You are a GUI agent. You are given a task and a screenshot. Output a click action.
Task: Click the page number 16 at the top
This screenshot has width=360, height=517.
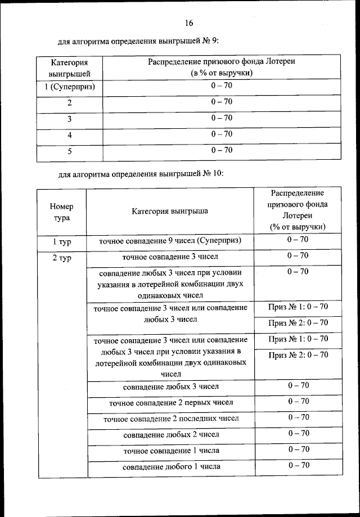(x=188, y=23)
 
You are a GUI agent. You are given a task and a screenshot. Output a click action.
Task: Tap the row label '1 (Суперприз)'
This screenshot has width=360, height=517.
(x=69, y=87)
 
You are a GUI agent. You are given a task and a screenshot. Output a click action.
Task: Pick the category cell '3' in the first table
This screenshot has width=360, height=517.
(x=69, y=119)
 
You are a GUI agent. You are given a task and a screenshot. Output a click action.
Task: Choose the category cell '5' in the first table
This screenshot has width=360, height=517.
(x=69, y=151)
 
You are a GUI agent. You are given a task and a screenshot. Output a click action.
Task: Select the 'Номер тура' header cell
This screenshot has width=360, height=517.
(x=62, y=212)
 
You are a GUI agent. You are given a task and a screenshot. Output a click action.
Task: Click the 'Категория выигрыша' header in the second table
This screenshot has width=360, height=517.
(x=170, y=212)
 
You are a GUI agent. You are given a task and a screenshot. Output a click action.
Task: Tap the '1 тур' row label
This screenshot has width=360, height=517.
(x=62, y=241)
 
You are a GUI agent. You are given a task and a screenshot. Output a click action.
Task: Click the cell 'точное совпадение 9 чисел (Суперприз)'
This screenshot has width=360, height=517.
(x=170, y=241)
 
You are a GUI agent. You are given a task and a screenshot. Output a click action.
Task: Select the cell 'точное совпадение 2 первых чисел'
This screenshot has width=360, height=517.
(x=170, y=403)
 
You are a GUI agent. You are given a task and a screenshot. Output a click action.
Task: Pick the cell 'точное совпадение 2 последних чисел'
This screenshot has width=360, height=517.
(x=170, y=419)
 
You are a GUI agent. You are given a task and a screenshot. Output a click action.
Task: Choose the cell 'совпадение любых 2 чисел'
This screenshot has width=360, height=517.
(x=170, y=434)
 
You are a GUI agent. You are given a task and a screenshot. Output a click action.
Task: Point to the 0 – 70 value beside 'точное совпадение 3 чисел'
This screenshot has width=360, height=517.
(x=298, y=255)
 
